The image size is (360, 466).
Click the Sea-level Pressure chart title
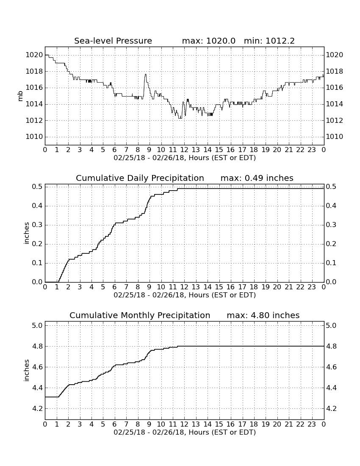(113, 41)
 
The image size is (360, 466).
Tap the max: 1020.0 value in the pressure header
(208, 41)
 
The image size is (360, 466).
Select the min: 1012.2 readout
(269, 41)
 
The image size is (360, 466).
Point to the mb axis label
(20, 96)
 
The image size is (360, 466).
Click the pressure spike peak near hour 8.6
(146, 74)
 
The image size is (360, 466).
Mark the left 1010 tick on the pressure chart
(34, 137)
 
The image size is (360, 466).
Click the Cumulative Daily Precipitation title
(140, 178)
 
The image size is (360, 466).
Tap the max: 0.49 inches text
(257, 178)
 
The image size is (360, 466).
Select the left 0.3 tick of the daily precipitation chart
(37, 225)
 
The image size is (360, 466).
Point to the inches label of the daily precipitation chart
(27, 233)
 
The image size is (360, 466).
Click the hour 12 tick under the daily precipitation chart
(184, 287)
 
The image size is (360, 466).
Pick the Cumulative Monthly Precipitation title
(140, 315)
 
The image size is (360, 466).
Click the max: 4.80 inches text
(263, 315)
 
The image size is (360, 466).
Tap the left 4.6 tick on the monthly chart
(37, 367)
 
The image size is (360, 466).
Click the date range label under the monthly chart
(185, 432)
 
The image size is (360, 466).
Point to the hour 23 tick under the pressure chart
(312, 150)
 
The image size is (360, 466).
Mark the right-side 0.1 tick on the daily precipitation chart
(331, 263)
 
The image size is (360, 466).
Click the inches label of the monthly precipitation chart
(27, 371)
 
